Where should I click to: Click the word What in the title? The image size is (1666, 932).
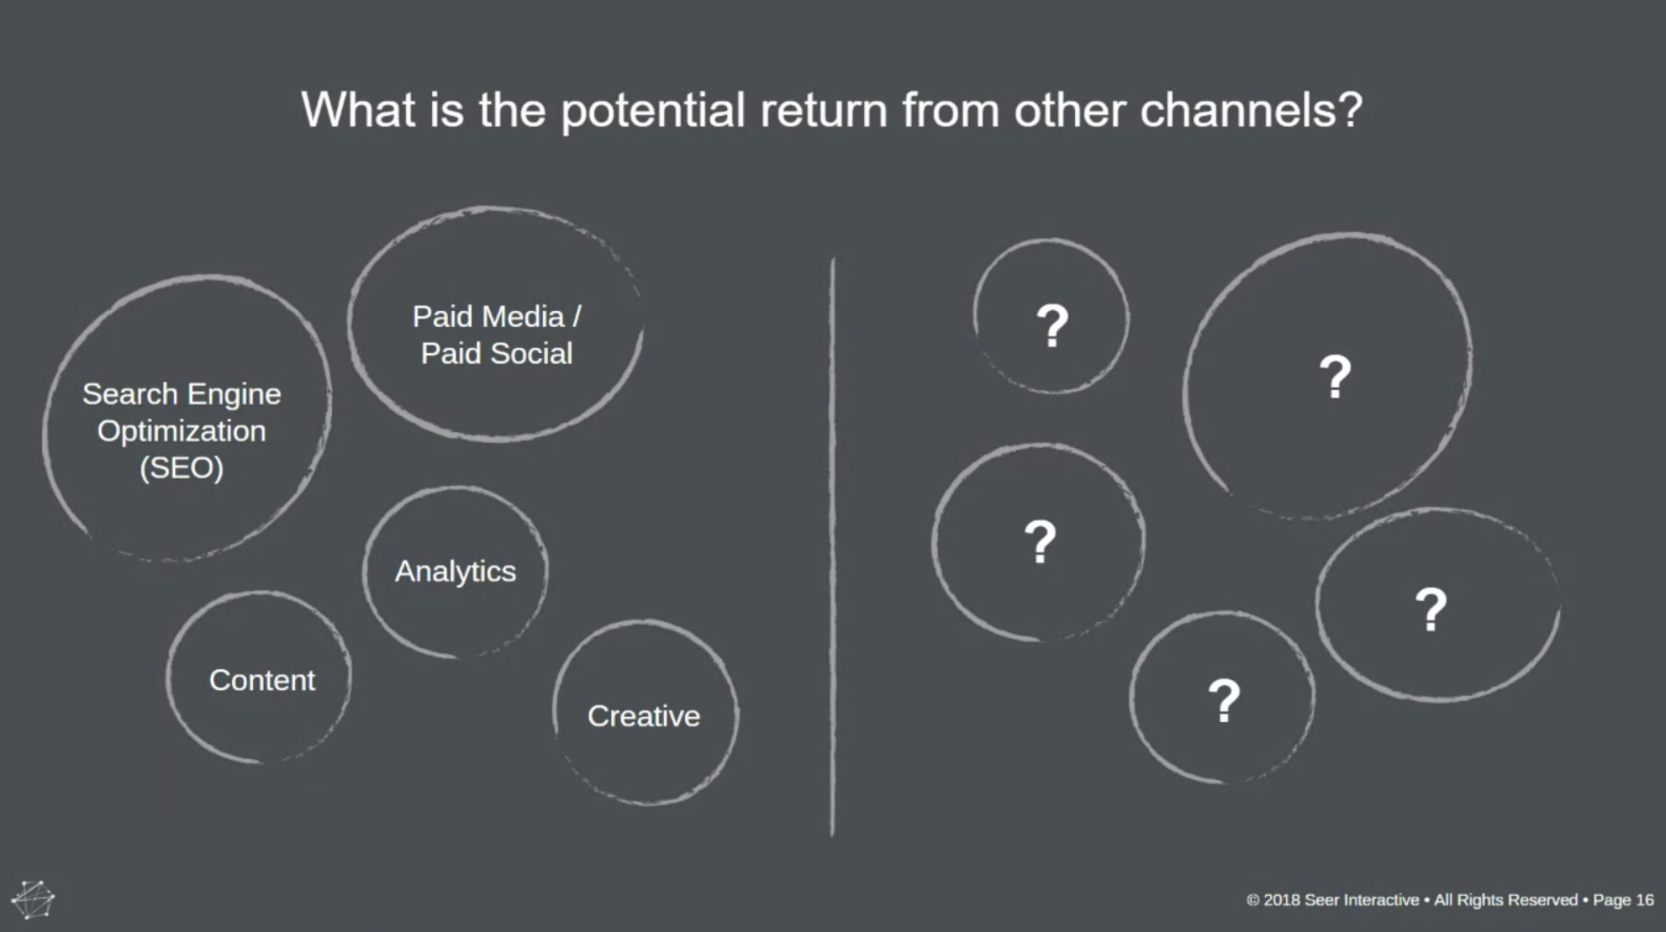tap(358, 110)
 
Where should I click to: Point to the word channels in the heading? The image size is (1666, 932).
tap(1251, 110)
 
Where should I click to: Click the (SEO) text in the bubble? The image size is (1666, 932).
tap(181, 468)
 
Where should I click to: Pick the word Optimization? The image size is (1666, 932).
tap(181, 431)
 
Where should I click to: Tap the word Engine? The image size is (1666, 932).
tap(234, 394)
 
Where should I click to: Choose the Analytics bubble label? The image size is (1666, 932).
tap(455, 571)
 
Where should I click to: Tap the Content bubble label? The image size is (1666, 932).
tap(262, 681)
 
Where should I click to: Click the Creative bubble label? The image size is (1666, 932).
tap(644, 716)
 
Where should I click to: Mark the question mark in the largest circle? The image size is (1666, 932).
tap(1336, 376)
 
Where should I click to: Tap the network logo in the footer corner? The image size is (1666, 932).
tap(33, 899)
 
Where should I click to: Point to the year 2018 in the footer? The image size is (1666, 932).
tap(1281, 900)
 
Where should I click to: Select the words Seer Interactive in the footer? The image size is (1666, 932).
tap(1361, 900)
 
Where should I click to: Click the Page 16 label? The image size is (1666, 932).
tap(1623, 900)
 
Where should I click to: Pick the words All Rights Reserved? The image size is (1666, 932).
tap(1506, 900)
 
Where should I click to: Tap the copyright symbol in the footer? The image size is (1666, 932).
tap(1253, 900)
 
